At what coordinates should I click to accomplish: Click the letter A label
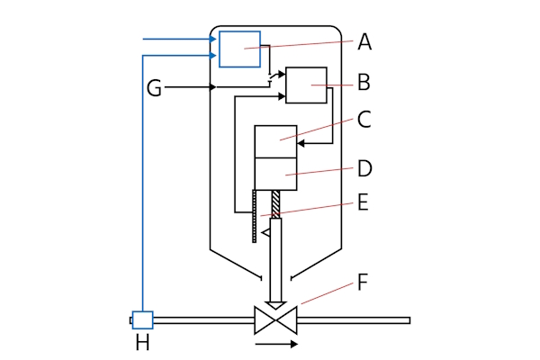(364, 41)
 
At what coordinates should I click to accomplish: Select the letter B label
(364, 83)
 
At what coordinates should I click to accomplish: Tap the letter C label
(364, 119)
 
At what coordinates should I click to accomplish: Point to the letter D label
(364, 168)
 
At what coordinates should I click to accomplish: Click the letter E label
(363, 202)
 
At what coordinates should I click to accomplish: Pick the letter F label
(363, 282)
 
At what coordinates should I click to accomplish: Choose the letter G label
(154, 88)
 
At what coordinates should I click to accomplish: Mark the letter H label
(142, 343)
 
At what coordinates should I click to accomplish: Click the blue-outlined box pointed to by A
(239, 49)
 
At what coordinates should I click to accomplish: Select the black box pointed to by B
(306, 85)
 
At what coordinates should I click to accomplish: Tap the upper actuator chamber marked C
(275, 141)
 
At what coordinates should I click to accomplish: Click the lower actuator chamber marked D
(275, 174)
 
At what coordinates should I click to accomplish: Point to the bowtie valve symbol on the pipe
(274, 319)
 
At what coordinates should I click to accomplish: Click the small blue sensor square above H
(142, 319)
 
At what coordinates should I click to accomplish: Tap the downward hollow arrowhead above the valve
(274, 304)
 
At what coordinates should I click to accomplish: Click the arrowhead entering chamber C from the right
(301, 142)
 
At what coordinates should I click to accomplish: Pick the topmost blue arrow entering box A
(211, 40)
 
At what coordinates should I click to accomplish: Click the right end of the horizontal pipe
(408, 319)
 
